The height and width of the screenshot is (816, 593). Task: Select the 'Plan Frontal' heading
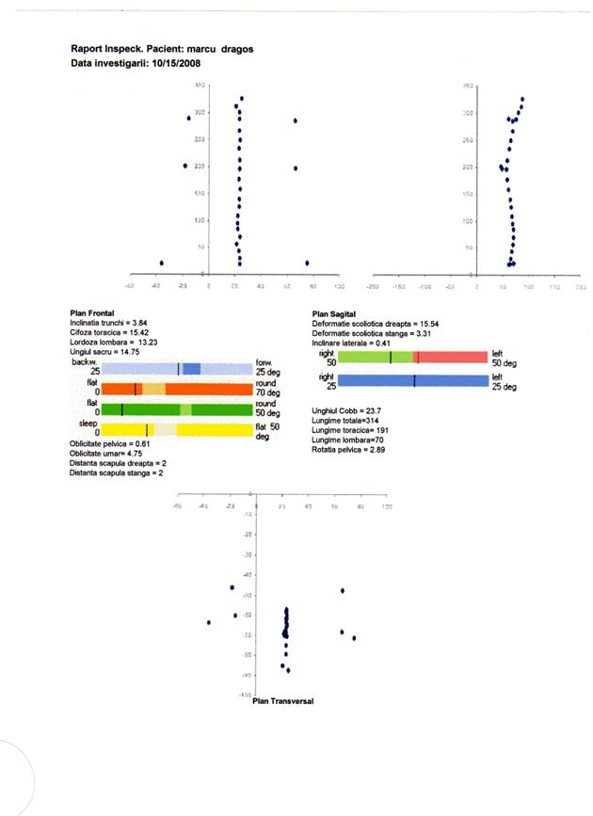[92, 313]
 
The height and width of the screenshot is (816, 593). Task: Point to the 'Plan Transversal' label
[283, 702]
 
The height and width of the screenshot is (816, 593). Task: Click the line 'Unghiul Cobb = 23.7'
[346, 411]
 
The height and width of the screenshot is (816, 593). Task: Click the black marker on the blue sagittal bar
[414, 380]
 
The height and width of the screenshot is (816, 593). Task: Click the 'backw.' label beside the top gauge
[84, 362]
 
